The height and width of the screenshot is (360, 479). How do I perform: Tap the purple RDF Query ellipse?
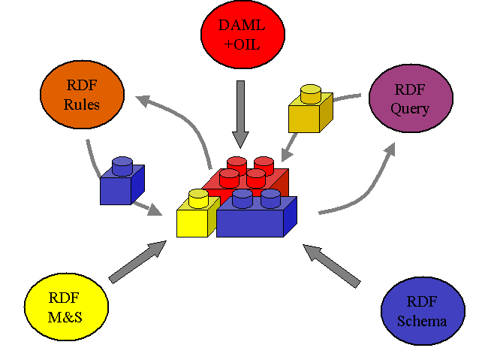coord(409,99)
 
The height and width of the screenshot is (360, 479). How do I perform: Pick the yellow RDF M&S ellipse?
coord(66,307)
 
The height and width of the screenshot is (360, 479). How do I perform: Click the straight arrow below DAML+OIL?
coord(240,113)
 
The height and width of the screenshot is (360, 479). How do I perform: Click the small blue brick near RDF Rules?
coord(121,184)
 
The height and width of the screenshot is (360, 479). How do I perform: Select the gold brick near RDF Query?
coord(309,113)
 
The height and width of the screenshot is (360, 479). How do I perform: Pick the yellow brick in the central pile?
coord(197,218)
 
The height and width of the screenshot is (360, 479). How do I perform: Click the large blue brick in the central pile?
coord(255,218)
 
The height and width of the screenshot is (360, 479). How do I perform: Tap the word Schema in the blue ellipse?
coord(425,322)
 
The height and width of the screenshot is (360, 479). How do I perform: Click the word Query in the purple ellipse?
coord(410,108)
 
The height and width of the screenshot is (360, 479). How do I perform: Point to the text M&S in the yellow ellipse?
coord(66,316)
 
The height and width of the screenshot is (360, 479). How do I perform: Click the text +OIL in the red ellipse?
coord(242,44)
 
